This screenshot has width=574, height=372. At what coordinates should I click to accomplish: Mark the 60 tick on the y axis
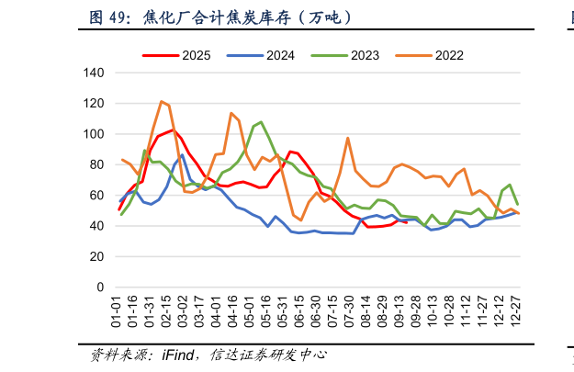pos(96,196)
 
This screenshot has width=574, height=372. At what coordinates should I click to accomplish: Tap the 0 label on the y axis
pos(99,287)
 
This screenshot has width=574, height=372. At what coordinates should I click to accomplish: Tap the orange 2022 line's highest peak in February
pos(162,101)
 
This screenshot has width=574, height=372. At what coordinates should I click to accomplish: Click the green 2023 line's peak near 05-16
pos(261,121)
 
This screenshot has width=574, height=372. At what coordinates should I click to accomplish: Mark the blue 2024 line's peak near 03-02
pos(182,155)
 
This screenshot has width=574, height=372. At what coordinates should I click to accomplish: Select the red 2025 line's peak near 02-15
pos(171,130)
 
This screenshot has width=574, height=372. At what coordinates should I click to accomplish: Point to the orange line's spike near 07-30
pos(348,138)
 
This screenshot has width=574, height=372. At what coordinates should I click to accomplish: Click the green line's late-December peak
pos(511,185)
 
